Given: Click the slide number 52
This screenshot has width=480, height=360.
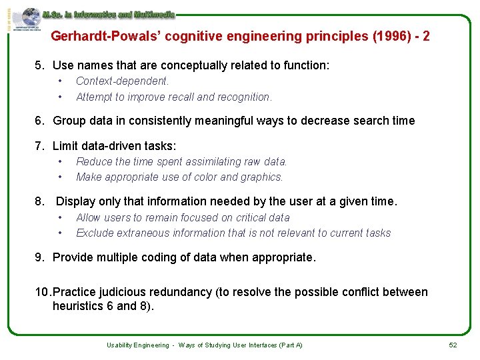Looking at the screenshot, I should pos(453,345).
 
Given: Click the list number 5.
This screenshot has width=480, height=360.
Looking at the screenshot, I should pos(39,65).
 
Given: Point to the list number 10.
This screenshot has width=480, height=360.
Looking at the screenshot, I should pos(43,292).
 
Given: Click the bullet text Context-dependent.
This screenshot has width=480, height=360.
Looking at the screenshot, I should pos(123,81).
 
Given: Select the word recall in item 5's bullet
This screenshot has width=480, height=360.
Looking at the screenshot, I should pos(180,97).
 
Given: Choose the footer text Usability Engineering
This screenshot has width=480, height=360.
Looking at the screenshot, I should pos(138,345).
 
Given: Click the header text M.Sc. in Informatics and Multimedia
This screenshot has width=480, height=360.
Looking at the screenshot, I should pos(108,13).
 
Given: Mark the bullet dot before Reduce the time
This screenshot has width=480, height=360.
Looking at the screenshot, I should pos(60,161).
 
